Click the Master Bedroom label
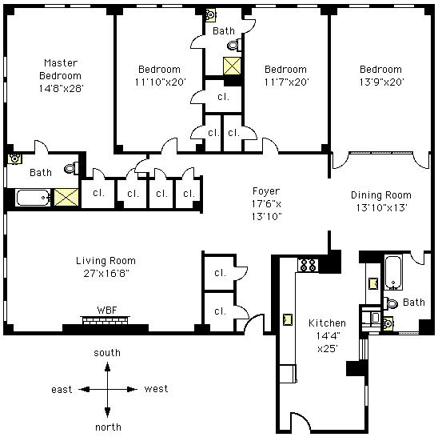[x=61, y=69]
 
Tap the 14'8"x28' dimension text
[x=62, y=88]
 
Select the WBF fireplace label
[x=107, y=311]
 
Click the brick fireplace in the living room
[x=105, y=320]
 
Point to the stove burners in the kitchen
[x=309, y=265]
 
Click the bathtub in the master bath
[x=33, y=198]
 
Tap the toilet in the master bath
[x=71, y=168]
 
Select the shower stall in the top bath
[x=232, y=66]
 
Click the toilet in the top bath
[x=234, y=45]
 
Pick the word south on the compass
[x=107, y=353]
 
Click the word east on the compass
[x=62, y=390]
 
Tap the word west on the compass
[x=156, y=389]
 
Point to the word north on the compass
[x=108, y=427]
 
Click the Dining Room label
[x=381, y=195]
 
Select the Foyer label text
[x=266, y=191]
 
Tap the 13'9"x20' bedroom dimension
[x=382, y=82]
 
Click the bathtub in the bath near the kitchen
[x=393, y=273]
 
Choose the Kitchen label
[x=327, y=323]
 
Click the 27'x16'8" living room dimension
[x=106, y=273]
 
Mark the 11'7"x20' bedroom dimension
[x=287, y=82]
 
